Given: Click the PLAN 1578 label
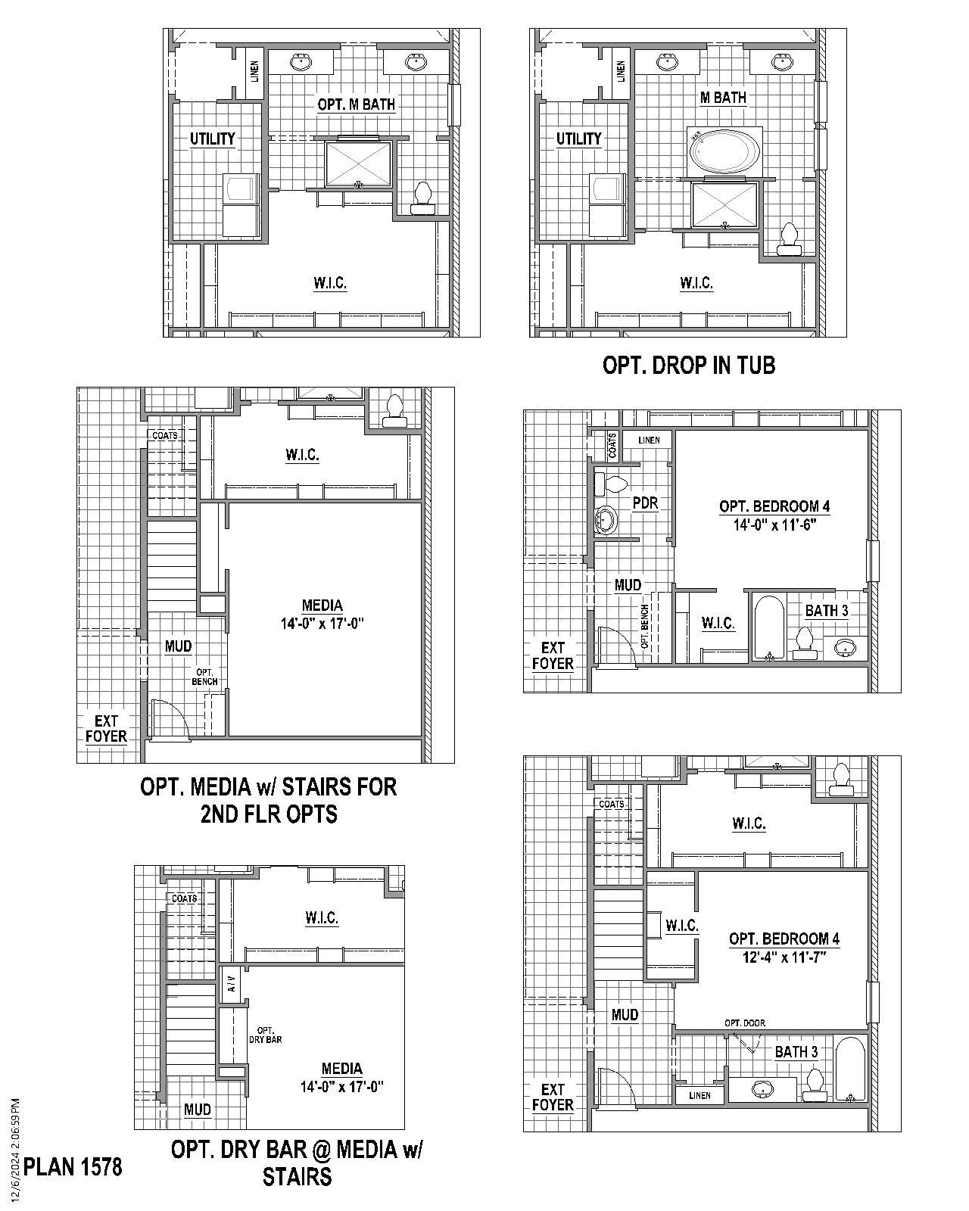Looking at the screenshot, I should [73, 1166].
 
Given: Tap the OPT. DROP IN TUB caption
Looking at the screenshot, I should [688, 365].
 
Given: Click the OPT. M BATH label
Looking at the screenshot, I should [356, 104].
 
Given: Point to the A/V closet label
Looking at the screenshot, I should [232, 984].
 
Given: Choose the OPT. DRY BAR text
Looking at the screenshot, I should [265, 1035].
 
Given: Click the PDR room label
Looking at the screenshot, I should [645, 503].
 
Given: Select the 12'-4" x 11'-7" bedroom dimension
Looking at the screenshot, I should [784, 957].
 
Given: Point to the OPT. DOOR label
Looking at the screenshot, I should [744, 1023].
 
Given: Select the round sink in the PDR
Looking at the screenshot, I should [606, 520].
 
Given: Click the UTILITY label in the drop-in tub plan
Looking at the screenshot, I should [578, 139].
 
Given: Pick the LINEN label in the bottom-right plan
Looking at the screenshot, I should [700, 1095].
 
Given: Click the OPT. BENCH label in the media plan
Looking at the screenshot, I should [205, 677].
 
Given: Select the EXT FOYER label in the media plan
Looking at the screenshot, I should [106, 728].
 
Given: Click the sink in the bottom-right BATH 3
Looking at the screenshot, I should [763, 1089].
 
